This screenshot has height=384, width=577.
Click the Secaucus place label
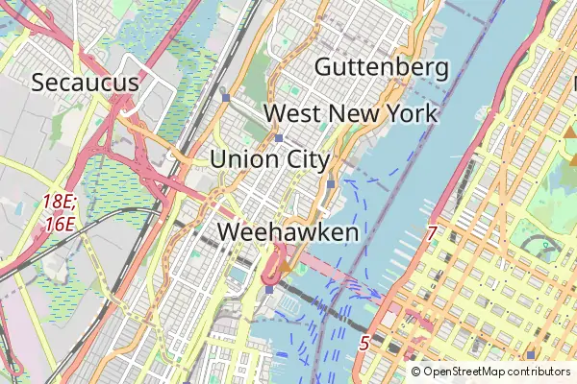point(86,83)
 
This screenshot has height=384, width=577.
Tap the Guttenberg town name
point(382,67)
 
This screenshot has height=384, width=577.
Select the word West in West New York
point(293,113)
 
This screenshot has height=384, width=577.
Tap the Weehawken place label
point(288,232)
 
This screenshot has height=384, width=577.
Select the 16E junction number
point(59,224)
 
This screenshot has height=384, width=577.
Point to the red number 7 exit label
point(432,233)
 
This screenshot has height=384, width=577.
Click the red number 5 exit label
point(364,342)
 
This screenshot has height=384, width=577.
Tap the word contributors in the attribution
point(539,372)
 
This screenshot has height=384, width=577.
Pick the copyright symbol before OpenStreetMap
point(416,372)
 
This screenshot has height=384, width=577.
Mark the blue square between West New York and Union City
point(279,137)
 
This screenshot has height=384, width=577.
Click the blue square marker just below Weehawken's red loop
point(270,289)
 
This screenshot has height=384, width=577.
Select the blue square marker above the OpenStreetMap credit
point(530,355)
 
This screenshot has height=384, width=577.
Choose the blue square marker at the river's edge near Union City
point(331,183)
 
